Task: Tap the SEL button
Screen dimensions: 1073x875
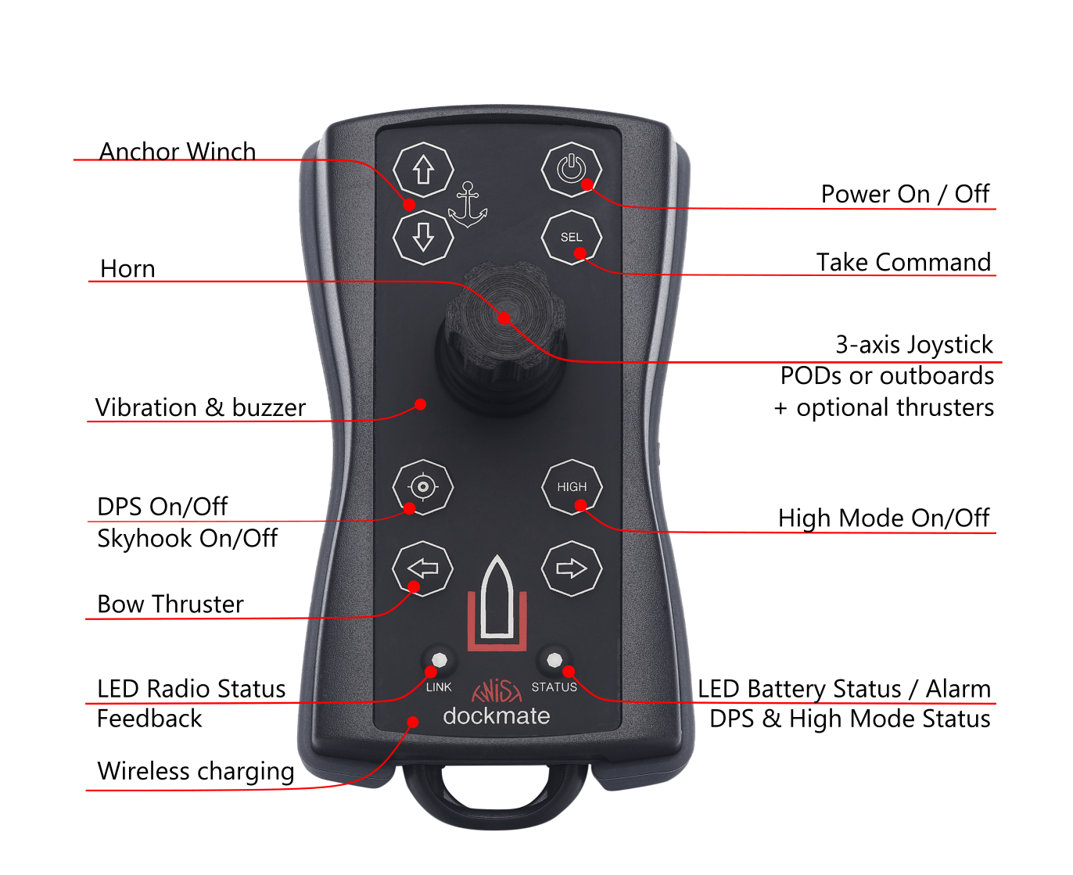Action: coord(571,237)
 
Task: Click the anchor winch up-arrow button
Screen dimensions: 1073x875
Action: coord(422,170)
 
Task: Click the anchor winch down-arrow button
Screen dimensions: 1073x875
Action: coord(422,237)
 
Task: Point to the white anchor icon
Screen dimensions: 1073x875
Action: coord(467,205)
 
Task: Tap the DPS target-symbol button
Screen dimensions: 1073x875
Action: coord(422,487)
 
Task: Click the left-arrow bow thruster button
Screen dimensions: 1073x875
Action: coord(422,568)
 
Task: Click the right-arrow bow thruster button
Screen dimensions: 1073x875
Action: coord(572,568)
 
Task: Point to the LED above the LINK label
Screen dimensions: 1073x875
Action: coord(439,660)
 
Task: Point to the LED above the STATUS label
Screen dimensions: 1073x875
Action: coord(554,660)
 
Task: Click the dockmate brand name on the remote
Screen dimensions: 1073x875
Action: coord(496,715)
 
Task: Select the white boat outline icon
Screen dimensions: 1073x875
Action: coord(497,596)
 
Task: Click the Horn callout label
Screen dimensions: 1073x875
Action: coord(127,268)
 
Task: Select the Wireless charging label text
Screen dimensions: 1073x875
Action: coord(196,771)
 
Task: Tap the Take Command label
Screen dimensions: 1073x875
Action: coord(903,262)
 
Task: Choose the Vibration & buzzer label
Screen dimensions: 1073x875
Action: coord(200,407)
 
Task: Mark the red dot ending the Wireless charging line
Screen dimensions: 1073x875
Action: coord(413,722)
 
